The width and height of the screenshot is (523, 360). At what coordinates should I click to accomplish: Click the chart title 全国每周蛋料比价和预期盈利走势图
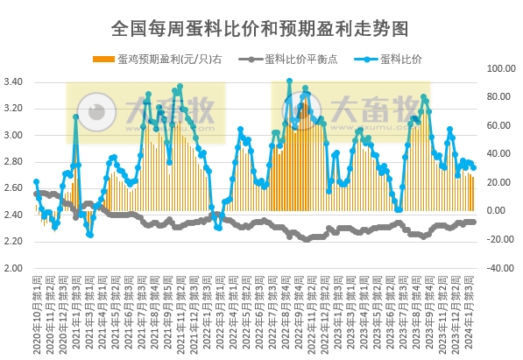pyautogui.click(x=261, y=28)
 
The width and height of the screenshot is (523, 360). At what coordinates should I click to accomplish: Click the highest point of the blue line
pyautogui.click(x=289, y=81)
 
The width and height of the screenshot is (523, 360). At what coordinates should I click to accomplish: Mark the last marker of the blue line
pyautogui.click(x=474, y=167)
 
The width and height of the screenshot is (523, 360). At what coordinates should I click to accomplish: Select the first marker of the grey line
pyautogui.click(x=36, y=194)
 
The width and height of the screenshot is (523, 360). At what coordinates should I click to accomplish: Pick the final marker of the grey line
pyautogui.click(x=474, y=222)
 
